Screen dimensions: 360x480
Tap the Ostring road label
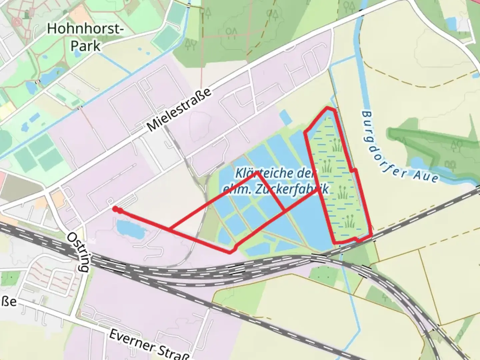pos(78,252)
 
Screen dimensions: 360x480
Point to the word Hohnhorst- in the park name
pos(85,29)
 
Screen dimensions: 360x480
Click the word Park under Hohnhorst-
pos(85,46)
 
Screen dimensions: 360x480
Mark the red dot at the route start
pos(115,209)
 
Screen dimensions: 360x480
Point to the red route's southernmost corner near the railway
pos(230,252)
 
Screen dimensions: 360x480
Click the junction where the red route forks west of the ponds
pos(170,229)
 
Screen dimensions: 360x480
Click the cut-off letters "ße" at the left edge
pos(9,302)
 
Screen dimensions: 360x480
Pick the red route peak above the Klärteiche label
pos(257,173)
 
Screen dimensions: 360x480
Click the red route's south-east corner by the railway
pos(371,236)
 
